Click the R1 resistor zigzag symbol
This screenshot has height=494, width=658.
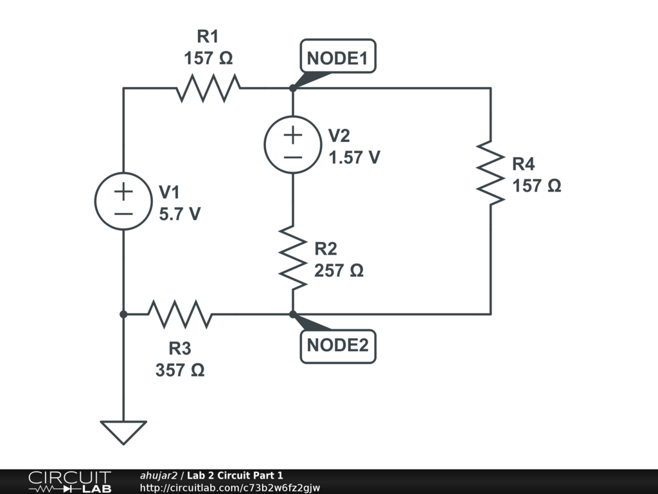click(208, 88)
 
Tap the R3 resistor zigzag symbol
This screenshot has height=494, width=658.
click(180, 315)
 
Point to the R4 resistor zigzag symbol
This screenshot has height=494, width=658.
click(491, 172)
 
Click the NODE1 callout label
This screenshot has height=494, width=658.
click(337, 59)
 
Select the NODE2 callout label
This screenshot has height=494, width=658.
click(337, 345)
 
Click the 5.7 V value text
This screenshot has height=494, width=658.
click(180, 214)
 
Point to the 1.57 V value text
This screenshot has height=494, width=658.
click(354, 157)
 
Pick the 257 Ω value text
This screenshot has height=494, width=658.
click(339, 271)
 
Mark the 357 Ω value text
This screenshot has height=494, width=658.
click(180, 370)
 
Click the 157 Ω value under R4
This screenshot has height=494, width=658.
click(537, 186)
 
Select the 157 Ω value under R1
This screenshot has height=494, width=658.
click(208, 59)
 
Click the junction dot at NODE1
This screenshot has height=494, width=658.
click(293, 88)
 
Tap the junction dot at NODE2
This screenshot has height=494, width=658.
click(293, 315)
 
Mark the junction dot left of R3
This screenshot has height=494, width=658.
click(123, 315)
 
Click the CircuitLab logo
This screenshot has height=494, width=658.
click(69, 482)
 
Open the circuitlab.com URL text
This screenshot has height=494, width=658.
click(229, 488)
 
